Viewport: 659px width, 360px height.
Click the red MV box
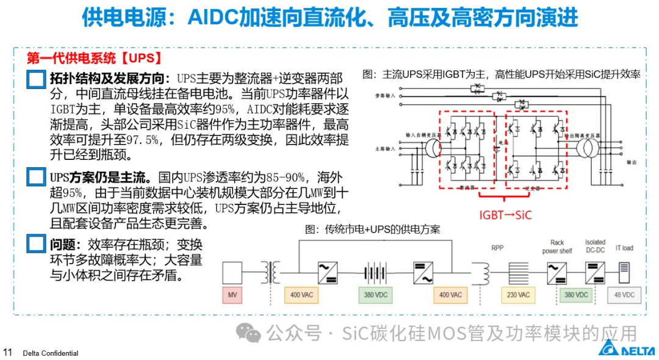tap(232, 295)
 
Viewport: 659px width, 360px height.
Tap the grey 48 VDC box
tap(624, 295)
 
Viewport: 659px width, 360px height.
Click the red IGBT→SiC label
tap(505, 215)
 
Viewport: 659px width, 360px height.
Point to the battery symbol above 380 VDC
tap(374, 272)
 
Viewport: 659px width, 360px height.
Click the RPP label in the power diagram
tap(498, 248)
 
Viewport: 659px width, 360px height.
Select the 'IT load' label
tap(624, 248)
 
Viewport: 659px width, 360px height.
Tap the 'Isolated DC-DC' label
tap(596, 247)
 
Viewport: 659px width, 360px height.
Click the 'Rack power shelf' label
tap(557, 247)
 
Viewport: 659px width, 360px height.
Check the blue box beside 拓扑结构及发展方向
tap(37, 79)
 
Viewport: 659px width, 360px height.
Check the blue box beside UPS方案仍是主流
tap(37, 178)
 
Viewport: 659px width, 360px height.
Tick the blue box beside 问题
tap(37, 245)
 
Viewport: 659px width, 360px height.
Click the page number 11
tap(8, 352)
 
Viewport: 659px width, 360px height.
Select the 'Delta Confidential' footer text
tap(51, 353)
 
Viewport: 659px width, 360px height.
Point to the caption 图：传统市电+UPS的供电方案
tap(372, 229)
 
